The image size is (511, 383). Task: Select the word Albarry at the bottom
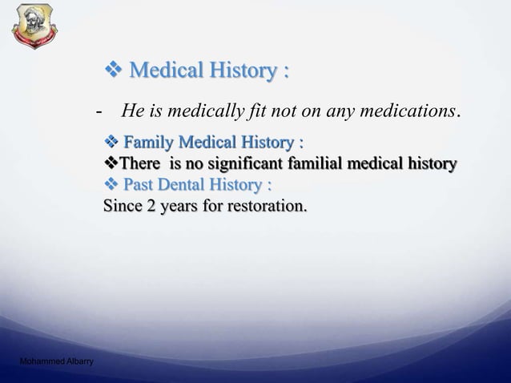click(x=78, y=362)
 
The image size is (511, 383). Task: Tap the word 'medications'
click(x=408, y=111)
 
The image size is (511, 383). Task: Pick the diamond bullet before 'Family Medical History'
click(x=111, y=143)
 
